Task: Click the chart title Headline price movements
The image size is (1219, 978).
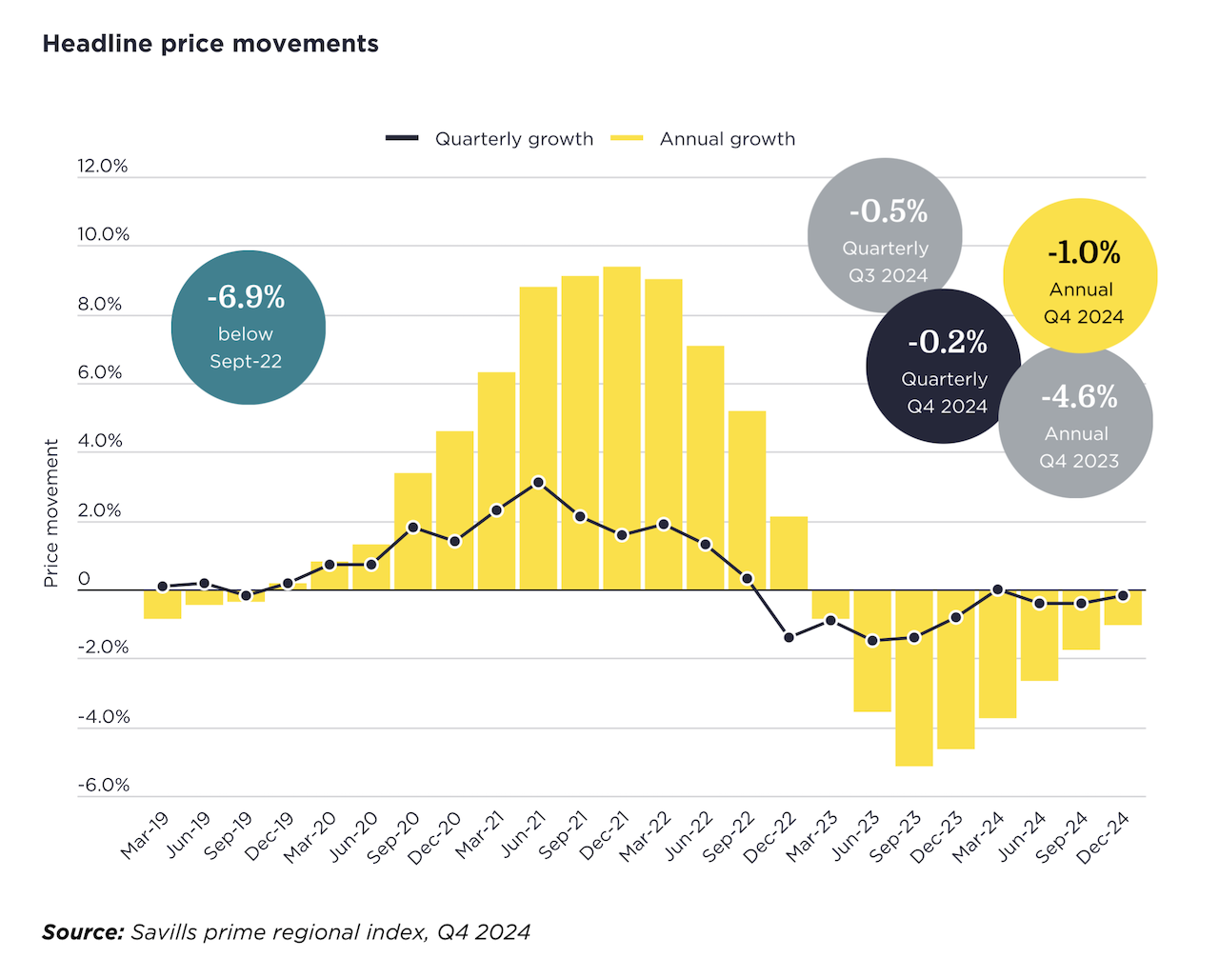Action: pos(210,44)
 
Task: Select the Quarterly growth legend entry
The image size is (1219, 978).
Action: pos(513,139)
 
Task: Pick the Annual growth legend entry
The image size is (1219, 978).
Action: pos(727,139)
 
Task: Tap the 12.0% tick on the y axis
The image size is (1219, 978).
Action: pos(103,166)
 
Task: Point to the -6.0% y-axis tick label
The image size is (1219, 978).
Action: pos(104,785)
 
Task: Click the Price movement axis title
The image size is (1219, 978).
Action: pos(51,512)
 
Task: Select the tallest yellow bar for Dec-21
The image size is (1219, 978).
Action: pos(622,429)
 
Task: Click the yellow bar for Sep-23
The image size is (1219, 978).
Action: pos(914,678)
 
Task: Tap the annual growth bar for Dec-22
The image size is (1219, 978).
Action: pos(789,553)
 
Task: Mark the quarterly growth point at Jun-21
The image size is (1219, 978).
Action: pos(538,483)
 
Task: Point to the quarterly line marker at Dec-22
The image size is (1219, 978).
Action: pos(789,637)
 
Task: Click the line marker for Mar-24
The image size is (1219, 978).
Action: pos(998,589)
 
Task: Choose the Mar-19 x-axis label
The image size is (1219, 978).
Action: pos(146,834)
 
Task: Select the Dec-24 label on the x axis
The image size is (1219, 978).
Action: pos(1104,837)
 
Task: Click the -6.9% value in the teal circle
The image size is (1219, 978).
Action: pos(246,297)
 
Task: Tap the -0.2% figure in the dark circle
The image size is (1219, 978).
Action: pos(948,342)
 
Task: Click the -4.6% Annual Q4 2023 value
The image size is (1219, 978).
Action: pos(1079,396)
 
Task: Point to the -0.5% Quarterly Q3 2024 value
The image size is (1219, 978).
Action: pos(888,211)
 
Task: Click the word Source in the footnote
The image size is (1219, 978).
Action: pos(83,932)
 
